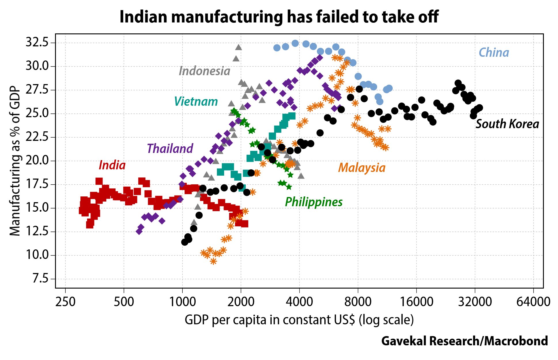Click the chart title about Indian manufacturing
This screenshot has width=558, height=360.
point(279,17)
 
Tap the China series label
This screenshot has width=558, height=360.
point(494,53)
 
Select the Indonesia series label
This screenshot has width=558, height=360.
point(204,71)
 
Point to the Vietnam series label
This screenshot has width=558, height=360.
point(196,102)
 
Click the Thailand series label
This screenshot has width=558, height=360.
point(170,149)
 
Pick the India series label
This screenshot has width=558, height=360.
point(112,165)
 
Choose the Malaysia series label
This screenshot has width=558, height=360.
point(362,168)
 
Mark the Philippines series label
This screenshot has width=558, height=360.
point(314,202)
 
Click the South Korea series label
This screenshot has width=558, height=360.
point(507,124)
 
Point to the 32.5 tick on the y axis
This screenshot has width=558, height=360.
point(37,43)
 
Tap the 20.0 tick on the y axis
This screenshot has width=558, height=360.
point(37,161)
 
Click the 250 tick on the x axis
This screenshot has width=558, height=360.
point(65,302)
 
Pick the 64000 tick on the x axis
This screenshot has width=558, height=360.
point(533,302)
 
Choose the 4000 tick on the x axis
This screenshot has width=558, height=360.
point(299,302)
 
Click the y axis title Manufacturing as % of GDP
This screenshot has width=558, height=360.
point(15,161)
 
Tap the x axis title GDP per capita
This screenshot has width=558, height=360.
point(299,320)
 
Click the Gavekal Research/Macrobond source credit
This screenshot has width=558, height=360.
point(464,341)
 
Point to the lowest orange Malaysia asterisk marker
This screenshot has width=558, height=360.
point(213,261)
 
